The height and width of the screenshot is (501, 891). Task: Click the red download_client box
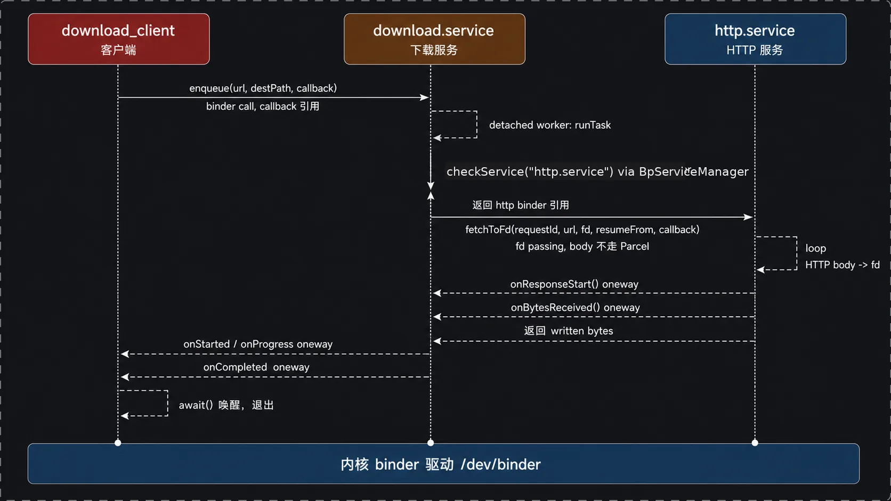pyautogui.click(x=118, y=39)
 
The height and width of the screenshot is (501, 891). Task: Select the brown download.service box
pyautogui.click(x=434, y=39)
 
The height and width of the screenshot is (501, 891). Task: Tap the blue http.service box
pyautogui.click(x=755, y=39)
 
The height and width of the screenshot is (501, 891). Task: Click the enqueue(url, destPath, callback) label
pyautogui.click(x=263, y=88)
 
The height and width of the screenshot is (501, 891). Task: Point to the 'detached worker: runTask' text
pyautogui.click(x=550, y=125)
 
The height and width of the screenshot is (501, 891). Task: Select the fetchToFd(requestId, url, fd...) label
pyautogui.click(x=582, y=229)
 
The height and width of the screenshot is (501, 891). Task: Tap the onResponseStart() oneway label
pyautogui.click(x=574, y=284)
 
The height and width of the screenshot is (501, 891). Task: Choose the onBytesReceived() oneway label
pyautogui.click(x=575, y=308)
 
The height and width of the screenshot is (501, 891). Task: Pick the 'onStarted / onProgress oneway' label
pyautogui.click(x=258, y=344)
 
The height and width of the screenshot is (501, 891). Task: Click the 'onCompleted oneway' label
pyautogui.click(x=256, y=367)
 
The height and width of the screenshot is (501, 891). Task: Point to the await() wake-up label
pyautogui.click(x=226, y=405)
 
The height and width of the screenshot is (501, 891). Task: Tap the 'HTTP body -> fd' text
pyautogui.click(x=842, y=265)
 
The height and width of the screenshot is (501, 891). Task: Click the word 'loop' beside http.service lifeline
pyautogui.click(x=815, y=248)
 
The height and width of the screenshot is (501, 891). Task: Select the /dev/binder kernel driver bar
pyautogui.click(x=443, y=464)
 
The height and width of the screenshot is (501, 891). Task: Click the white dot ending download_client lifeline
pyautogui.click(x=118, y=442)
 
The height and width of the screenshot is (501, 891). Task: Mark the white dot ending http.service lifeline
pyautogui.click(x=755, y=442)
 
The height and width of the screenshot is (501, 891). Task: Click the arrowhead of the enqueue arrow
pyautogui.click(x=424, y=97)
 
